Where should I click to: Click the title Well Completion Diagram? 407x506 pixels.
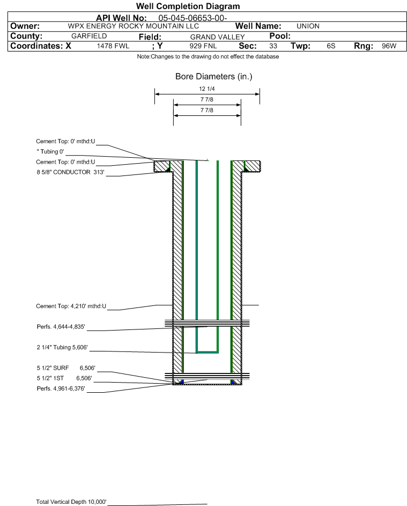(188, 6)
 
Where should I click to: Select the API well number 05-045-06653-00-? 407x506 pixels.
(193, 18)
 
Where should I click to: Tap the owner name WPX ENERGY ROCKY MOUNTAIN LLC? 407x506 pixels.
(133, 26)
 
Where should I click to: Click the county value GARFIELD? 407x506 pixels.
(89, 36)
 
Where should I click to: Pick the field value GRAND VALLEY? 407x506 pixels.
(217, 37)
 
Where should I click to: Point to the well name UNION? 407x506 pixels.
(308, 26)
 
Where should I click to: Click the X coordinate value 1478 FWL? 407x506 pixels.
(113, 46)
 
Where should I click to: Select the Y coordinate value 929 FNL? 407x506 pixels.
(203, 46)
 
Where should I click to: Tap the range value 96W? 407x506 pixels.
(389, 46)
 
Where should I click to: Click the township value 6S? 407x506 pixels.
(331, 46)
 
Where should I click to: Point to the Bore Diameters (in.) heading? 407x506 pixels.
(214, 77)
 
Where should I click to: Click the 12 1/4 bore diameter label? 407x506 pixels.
(207, 89)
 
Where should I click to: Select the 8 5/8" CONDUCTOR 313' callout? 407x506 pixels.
(70, 172)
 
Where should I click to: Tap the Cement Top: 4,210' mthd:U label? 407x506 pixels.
(71, 306)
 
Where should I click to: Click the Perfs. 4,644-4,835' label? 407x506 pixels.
(61, 327)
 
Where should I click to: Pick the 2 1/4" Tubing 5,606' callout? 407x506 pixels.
(62, 348)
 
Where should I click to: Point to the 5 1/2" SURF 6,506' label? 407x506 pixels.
(66, 368)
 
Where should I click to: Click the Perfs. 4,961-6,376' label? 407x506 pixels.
(61, 388)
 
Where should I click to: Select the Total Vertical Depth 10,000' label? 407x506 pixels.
(71, 502)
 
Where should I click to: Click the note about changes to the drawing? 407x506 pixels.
(208, 57)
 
